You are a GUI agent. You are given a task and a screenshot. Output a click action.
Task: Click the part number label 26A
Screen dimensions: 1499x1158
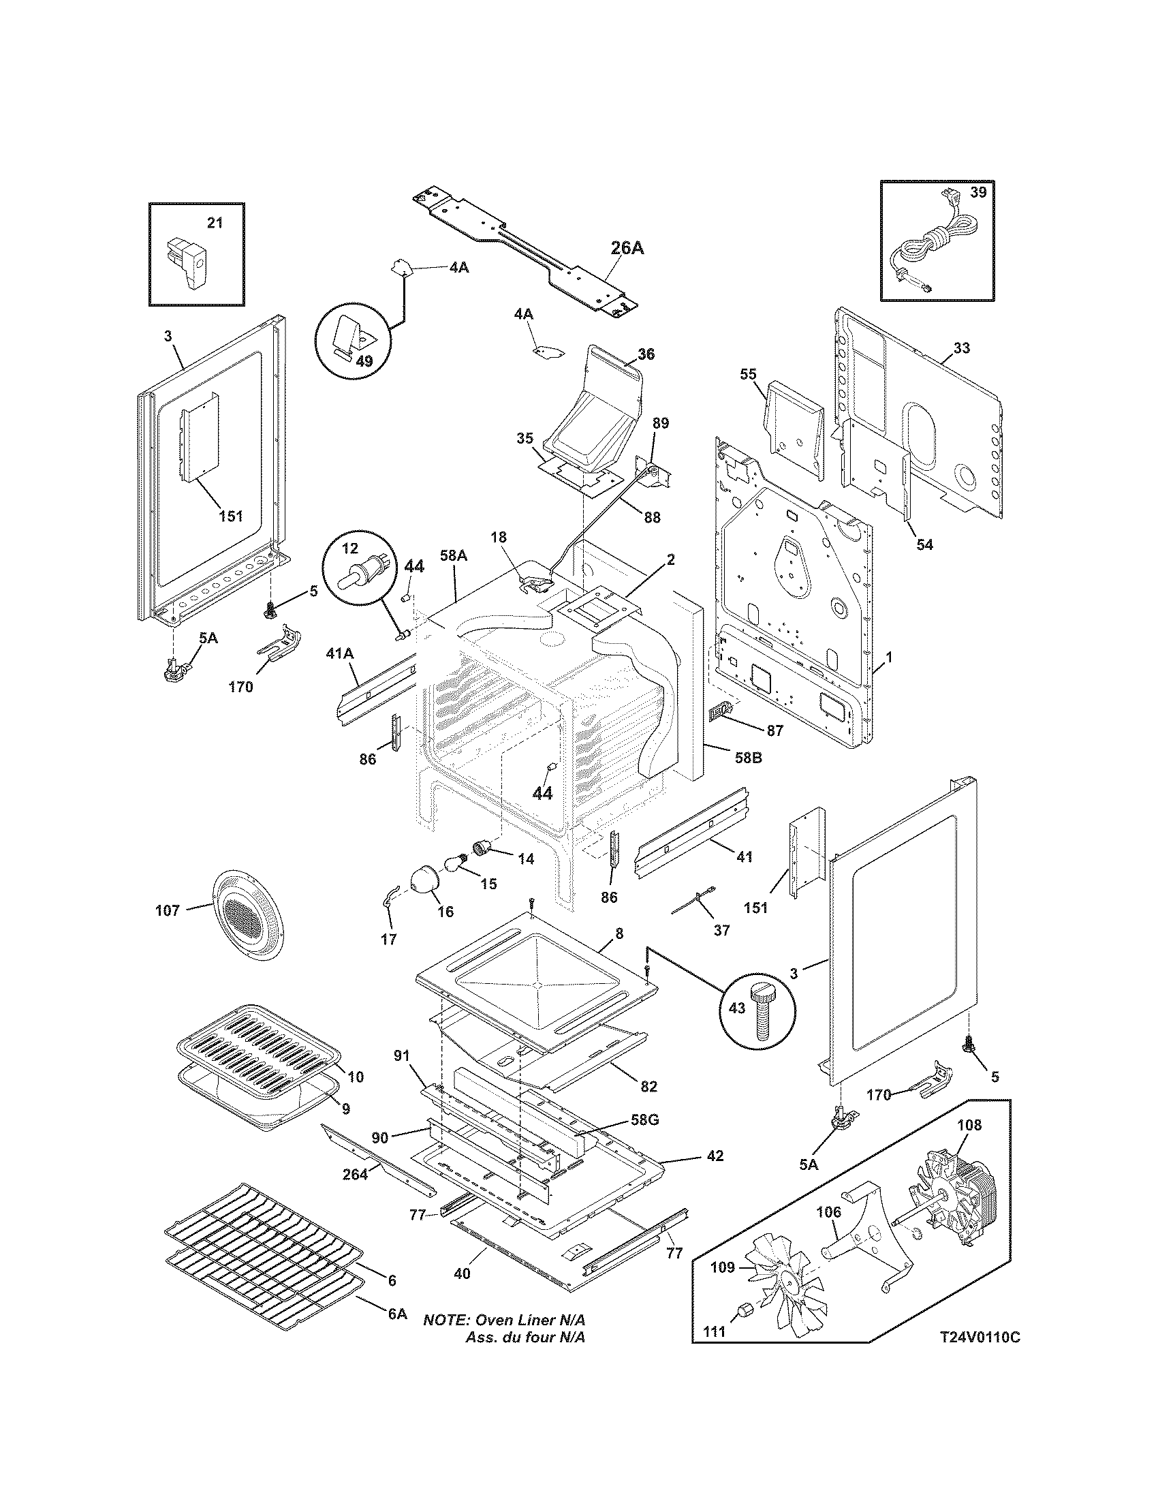[627, 248]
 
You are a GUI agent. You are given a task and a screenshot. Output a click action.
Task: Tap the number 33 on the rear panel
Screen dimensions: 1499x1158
[962, 348]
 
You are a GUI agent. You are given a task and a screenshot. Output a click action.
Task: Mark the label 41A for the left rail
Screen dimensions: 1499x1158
[339, 654]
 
